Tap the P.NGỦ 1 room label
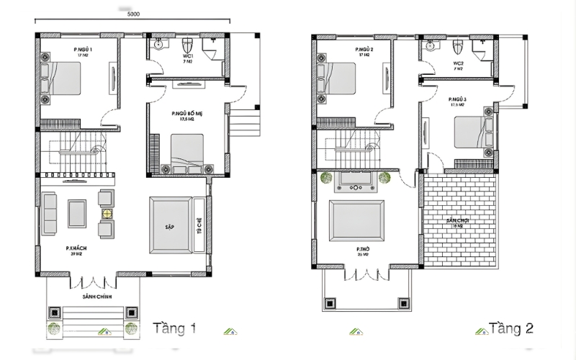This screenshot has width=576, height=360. tap(84, 48)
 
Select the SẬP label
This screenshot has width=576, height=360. tap(170, 226)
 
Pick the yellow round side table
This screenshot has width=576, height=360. tap(107, 214)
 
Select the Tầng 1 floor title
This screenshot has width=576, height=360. tap(176, 329)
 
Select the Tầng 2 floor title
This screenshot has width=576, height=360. tap(510, 329)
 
